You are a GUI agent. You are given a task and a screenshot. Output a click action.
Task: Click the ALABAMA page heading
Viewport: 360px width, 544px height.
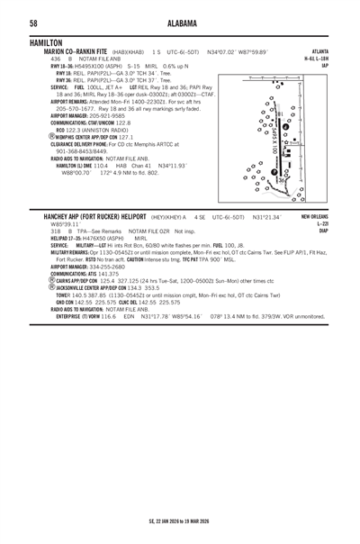click(180, 23)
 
